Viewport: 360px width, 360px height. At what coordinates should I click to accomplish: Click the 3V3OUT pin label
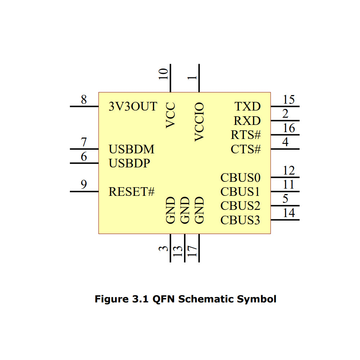point(133,107)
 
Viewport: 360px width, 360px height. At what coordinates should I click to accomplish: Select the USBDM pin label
point(131,149)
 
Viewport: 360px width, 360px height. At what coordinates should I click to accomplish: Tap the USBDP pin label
point(129,163)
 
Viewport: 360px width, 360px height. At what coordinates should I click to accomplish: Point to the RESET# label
point(131,192)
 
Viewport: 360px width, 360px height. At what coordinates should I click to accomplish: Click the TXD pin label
point(248,107)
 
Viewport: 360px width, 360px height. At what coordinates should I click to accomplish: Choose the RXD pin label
point(247,121)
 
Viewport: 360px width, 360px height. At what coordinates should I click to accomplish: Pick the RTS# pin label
point(246,135)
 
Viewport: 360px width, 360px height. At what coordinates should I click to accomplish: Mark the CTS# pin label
point(246,149)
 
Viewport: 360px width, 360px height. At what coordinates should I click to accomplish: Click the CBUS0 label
point(240,177)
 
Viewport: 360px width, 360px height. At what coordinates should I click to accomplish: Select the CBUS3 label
point(240,220)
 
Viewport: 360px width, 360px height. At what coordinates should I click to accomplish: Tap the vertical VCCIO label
point(199,122)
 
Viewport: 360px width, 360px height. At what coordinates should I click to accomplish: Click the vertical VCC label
point(171,115)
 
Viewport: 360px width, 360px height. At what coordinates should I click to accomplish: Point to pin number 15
point(289,100)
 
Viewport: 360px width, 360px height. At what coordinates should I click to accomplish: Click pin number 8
point(84,100)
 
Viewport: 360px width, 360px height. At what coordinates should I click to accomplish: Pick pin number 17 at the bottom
point(192,251)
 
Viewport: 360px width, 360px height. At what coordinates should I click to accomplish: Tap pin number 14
point(289,213)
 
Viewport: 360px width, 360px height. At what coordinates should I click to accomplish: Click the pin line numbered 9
point(84,192)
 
